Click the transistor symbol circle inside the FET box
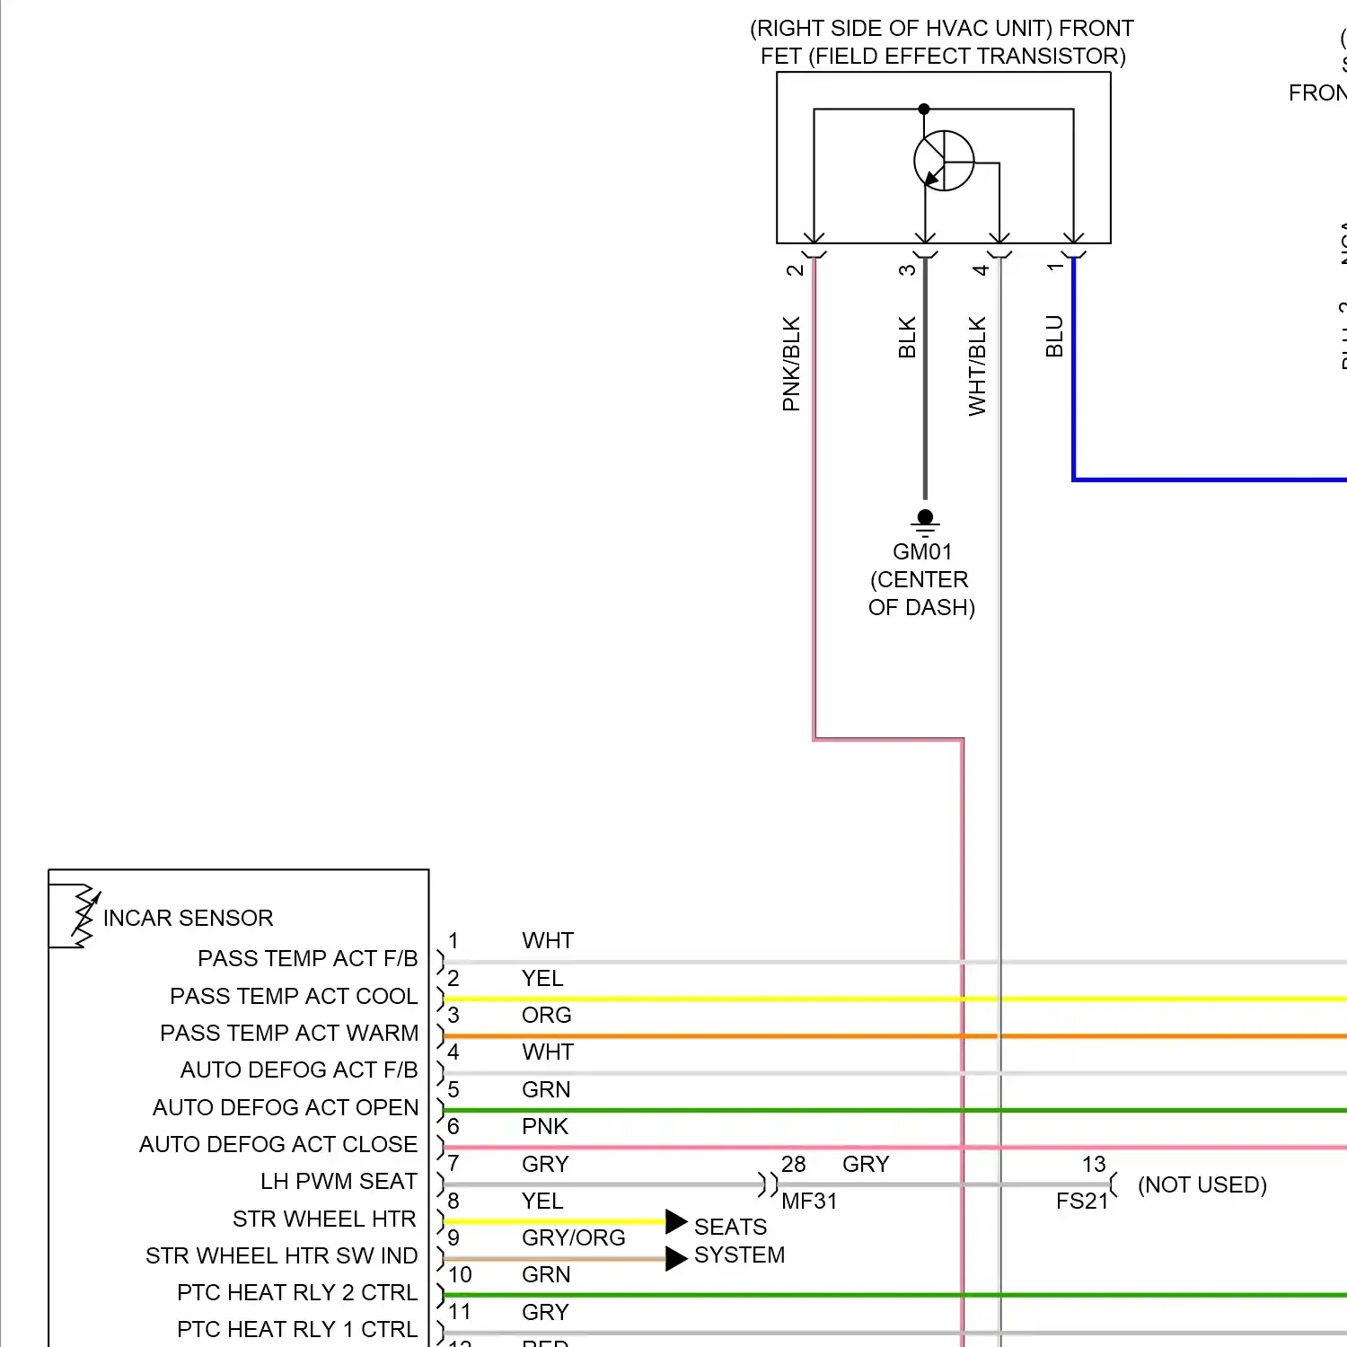coord(944,161)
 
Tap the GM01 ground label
coord(921,551)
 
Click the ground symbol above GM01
coord(925,521)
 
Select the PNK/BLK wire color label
coord(791,364)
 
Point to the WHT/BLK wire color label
coord(977,365)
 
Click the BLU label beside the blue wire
coord(1054,336)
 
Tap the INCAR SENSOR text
coord(188,918)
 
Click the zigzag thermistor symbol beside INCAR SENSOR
coord(84,916)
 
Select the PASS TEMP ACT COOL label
coord(294,996)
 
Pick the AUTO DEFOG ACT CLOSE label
coord(278,1144)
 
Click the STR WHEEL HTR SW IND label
coord(281,1255)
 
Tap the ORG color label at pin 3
coord(546,1015)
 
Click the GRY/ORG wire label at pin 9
coord(573,1237)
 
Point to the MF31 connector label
coord(808,1201)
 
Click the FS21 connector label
coord(1082,1201)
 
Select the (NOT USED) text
coord(1202,1184)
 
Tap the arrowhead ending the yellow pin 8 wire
coord(676,1221)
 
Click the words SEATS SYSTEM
coord(738,1240)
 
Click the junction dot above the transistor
coord(924,110)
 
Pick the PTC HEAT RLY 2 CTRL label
coord(297,1292)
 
